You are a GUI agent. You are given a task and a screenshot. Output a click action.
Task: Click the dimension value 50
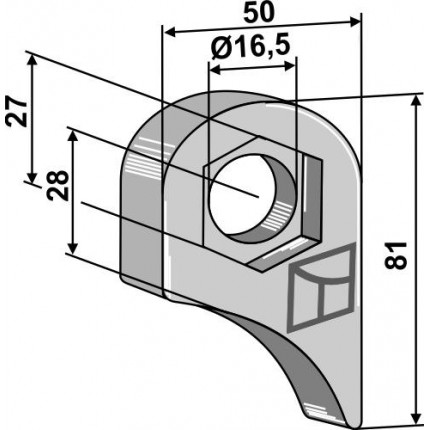[x=259, y=13]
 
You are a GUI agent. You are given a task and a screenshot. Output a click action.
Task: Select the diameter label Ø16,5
[x=250, y=47]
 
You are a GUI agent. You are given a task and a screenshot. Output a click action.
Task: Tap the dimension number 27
[x=16, y=112]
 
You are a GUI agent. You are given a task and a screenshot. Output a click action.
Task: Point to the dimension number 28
[x=57, y=186]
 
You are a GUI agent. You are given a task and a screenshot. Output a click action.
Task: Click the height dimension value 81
[x=396, y=255]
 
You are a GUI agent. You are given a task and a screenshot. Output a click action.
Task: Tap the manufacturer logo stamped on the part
[x=320, y=288]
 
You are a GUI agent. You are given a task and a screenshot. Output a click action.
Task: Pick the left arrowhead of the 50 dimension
[x=169, y=33]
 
